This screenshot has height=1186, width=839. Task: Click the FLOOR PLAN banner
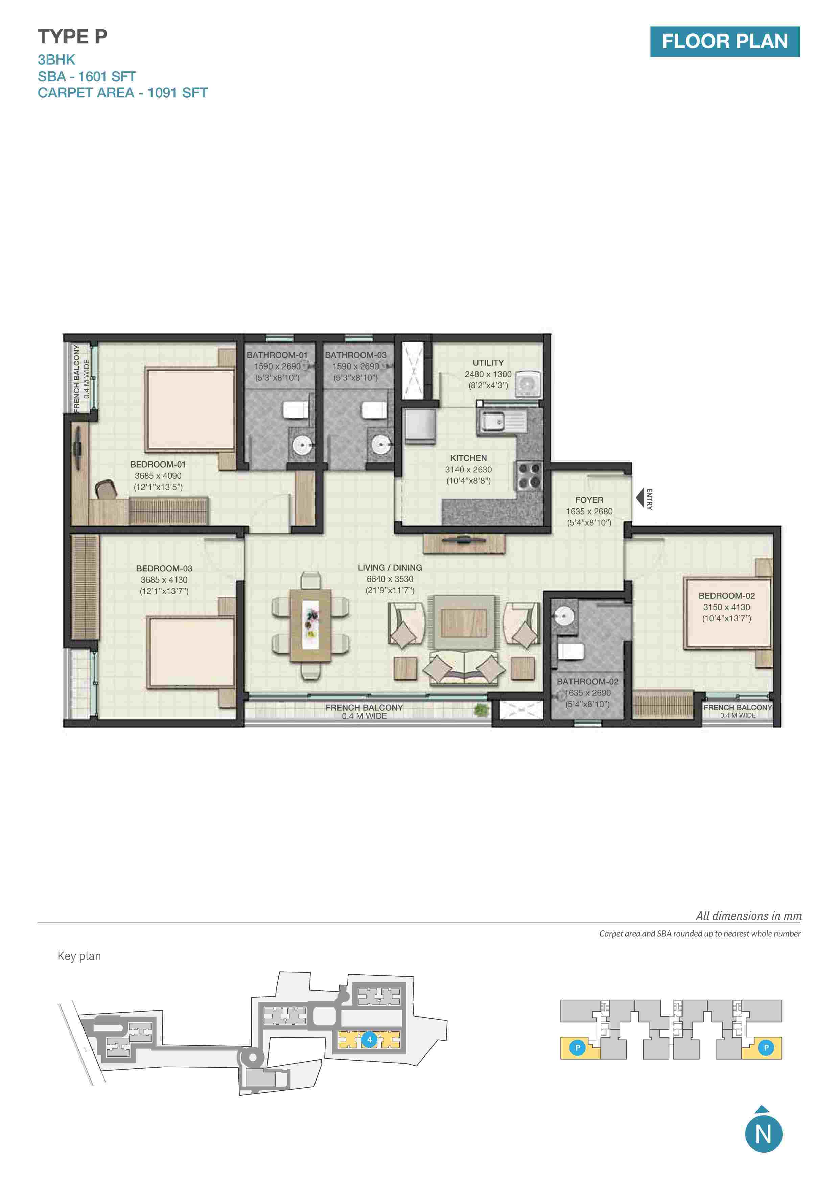click(724, 41)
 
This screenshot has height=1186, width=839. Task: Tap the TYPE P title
click(72, 37)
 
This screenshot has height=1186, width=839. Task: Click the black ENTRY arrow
click(640, 498)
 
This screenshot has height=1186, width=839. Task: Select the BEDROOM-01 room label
click(158, 465)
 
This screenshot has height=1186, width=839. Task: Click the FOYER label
click(589, 500)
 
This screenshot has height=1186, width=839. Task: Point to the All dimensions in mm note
click(749, 916)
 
